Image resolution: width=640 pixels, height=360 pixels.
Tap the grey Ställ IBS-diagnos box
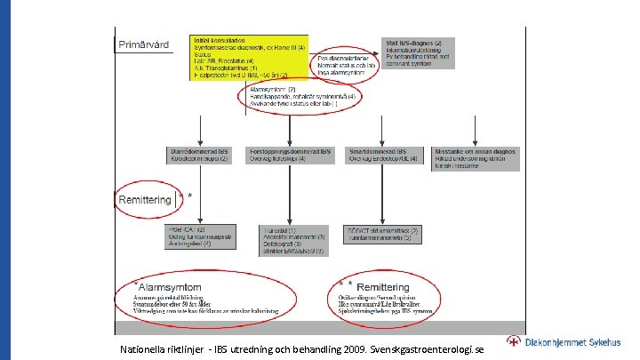point(418,52)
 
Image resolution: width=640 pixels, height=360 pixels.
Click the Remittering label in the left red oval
point(145,200)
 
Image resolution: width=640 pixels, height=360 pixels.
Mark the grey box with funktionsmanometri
point(382,235)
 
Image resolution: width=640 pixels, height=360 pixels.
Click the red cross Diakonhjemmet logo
point(514,342)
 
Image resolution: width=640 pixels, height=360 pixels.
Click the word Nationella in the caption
point(144,349)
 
